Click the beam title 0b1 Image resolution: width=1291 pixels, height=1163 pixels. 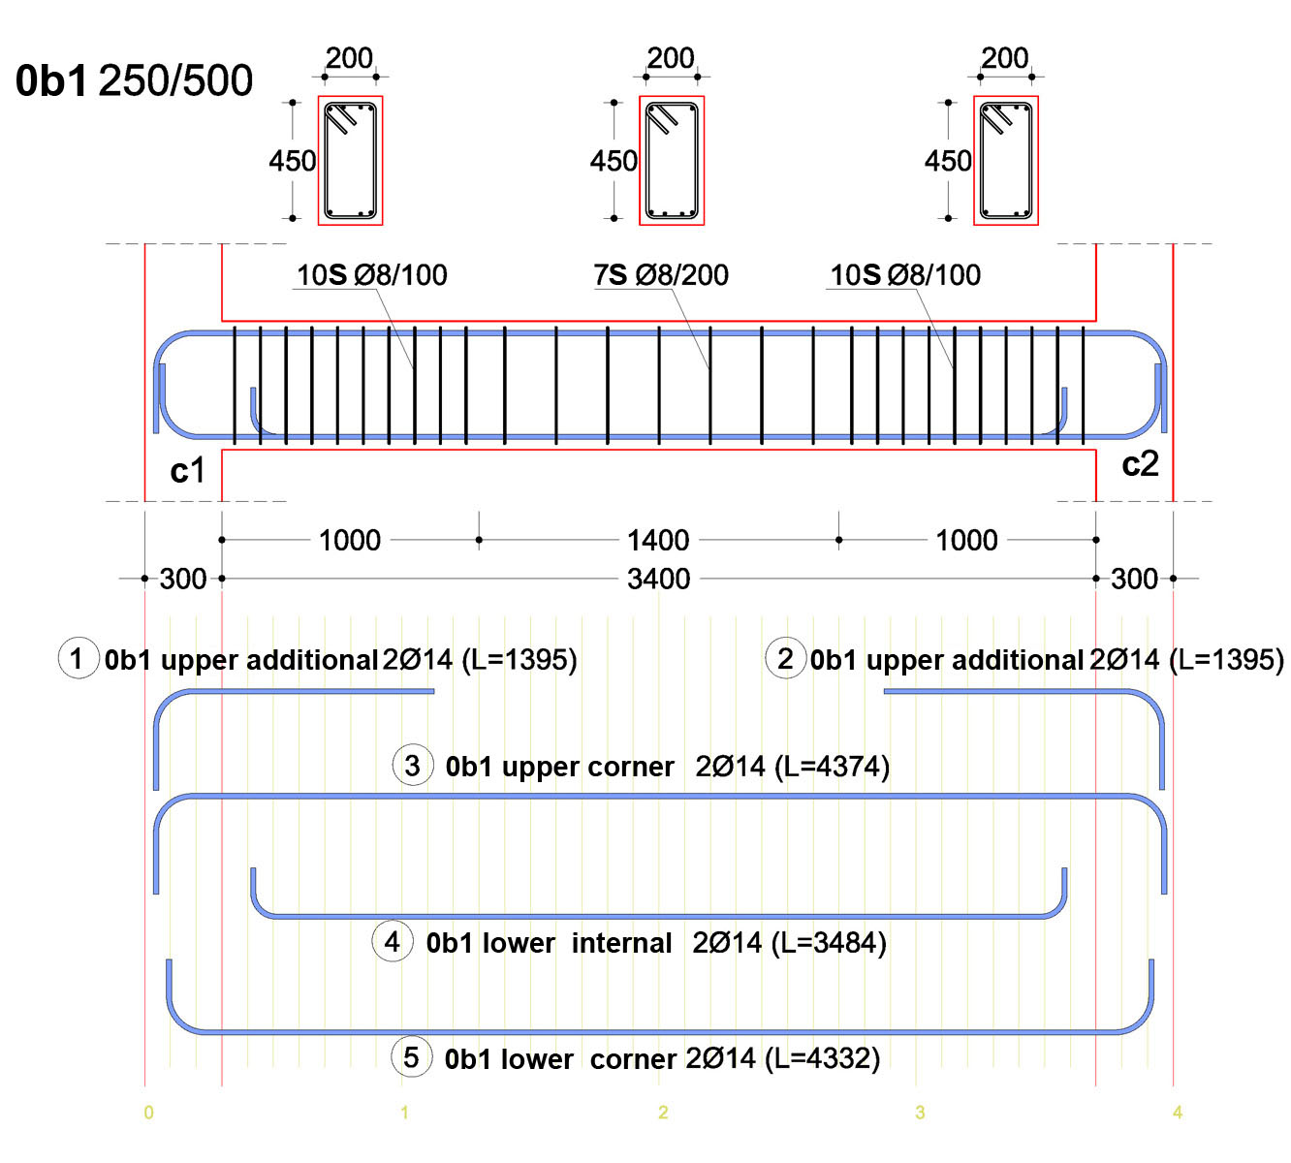click(x=50, y=81)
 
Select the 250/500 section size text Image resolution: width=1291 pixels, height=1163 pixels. click(x=175, y=81)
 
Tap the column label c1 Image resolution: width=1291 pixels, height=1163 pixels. click(x=187, y=470)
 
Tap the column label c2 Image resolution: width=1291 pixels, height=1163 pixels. click(x=1140, y=463)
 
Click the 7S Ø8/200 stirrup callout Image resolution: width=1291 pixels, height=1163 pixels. click(x=661, y=275)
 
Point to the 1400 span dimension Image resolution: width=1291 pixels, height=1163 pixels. click(x=658, y=540)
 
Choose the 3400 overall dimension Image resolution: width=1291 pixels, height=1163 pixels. click(x=659, y=579)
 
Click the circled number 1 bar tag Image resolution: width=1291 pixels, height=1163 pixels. click(x=79, y=658)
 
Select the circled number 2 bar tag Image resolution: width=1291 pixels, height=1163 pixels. click(x=786, y=658)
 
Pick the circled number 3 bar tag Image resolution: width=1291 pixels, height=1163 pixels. click(x=413, y=765)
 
